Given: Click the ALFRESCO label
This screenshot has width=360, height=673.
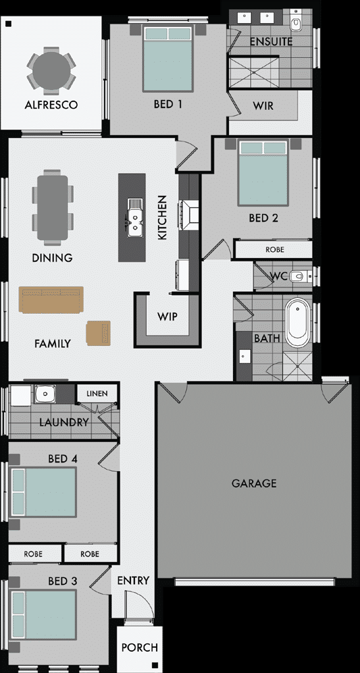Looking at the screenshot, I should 51,105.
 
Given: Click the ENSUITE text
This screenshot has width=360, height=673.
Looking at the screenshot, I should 270,42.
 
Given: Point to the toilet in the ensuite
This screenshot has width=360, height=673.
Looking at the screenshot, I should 296,24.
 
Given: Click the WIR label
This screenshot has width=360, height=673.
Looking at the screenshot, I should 263,105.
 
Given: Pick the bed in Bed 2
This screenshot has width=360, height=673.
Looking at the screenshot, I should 263,174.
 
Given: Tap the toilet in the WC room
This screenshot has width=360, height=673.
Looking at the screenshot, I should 299,276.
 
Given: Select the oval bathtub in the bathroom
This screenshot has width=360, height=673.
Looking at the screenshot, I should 297,323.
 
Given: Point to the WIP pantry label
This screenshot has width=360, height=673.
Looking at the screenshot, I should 167,316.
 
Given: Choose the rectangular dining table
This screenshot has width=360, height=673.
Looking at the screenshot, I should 52,206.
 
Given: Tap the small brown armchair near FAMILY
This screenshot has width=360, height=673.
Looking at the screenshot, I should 98,332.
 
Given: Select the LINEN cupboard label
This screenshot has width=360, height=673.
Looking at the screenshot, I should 97,394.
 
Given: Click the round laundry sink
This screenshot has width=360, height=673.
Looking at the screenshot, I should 45,394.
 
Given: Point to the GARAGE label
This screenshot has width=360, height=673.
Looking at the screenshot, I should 254,484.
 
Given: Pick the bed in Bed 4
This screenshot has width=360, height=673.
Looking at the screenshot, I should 45,491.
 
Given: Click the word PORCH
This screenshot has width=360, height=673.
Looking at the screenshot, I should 140,647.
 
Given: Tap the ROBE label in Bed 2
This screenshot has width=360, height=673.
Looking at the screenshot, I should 274,250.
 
